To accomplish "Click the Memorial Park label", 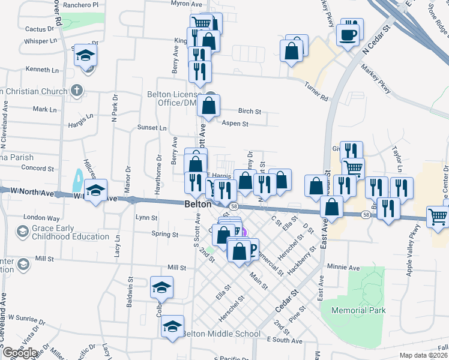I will pyautogui.click(x=353, y=310).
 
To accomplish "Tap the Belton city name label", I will pyautogui.click(x=197, y=204).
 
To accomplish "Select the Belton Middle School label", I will pyautogui.click(x=221, y=334).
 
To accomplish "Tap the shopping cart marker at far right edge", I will pyautogui.click(x=438, y=217).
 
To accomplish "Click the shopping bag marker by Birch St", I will pyautogui.click(x=208, y=106).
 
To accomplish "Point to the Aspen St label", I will pyautogui.click(x=235, y=124).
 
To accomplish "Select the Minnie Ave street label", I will pyautogui.click(x=343, y=266).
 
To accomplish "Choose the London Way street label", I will pyautogui.click(x=41, y=217).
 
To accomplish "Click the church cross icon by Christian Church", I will pyautogui.click(x=76, y=91).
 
